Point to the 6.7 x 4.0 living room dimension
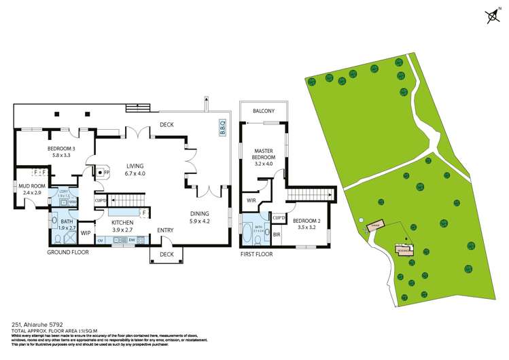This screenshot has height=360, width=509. pos(135,173)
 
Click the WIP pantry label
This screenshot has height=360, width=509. pos(86,233)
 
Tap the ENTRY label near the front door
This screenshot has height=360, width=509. pos(165,230)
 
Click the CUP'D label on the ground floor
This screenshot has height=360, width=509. pos(100,200)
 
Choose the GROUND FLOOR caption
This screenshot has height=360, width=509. pos(69,252)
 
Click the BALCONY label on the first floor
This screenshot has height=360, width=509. pos(264,111)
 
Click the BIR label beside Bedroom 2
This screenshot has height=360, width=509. pos(277,234)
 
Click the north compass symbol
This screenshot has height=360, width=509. pos(492,16)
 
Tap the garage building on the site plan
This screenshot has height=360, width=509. pos(375,226)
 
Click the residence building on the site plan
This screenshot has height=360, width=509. pos(403,249)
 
